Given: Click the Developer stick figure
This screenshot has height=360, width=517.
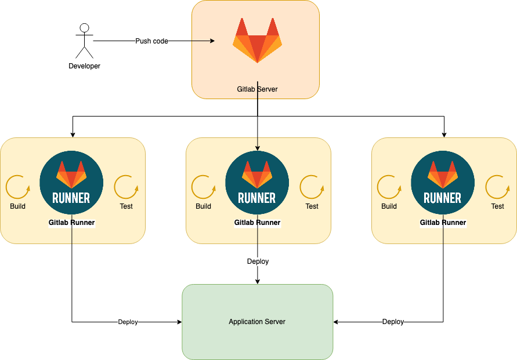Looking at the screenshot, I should click(x=85, y=41).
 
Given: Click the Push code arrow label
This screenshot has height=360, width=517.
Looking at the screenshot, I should click(x=151, y=41).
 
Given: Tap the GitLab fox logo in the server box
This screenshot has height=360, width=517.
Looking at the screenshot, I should click(x=257, y=40).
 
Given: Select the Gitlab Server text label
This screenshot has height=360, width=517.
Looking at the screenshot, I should click(x=257, y=89).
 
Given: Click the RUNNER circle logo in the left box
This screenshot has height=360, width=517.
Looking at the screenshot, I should click(x=71, y=183).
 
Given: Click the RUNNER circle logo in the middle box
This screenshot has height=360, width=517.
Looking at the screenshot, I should click(x=257, y=183).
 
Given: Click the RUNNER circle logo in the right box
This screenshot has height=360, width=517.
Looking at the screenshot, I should click(x=443, y=183).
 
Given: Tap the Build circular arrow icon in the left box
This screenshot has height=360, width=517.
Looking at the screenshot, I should click(x=17, y=187).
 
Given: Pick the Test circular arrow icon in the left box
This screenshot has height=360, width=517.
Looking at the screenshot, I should click(x=126, y=187).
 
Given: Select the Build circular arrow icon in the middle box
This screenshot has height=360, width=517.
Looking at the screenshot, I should click(x=203, y=187).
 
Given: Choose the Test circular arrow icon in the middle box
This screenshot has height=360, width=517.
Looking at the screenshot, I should click(x=312, y=187).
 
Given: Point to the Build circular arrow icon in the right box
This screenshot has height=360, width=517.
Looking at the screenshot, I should click(x=389, y=187).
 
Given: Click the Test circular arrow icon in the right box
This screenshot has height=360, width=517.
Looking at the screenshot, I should click(x=497, y=187).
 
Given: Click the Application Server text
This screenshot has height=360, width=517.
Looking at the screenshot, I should click(x=257, y=322).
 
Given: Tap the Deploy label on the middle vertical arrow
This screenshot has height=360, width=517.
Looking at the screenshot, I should click(x=258, y=261).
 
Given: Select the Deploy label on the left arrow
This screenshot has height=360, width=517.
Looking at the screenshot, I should click(x=128, y=322).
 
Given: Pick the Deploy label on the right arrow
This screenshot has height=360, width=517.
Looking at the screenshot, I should click(x=393, y=322).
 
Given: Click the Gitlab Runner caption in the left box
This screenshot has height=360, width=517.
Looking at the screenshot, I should click(x=71, y=223).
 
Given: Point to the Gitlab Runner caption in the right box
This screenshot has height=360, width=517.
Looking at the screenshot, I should click(x=443, y=223).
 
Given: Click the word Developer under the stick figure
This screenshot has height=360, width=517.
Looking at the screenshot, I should click(x=85, y=66).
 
